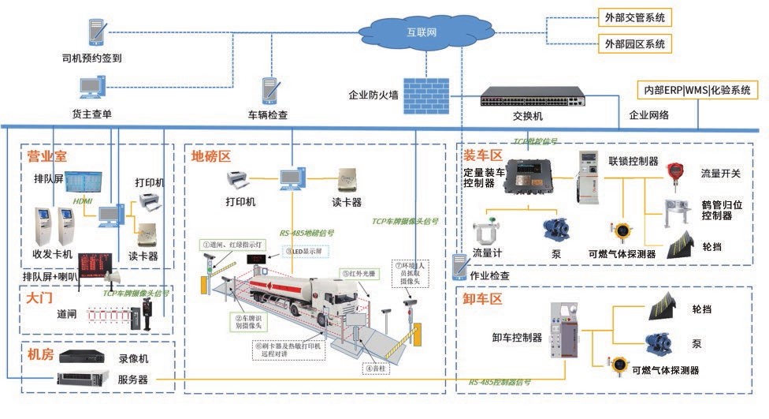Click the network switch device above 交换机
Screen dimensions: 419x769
(x=533, y=96)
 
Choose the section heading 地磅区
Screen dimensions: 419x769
(x=210, y=156)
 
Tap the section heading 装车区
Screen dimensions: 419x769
(x=482, y=154)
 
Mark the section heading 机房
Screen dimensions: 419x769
(x=40, y=354)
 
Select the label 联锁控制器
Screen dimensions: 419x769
(x=633, y=161)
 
